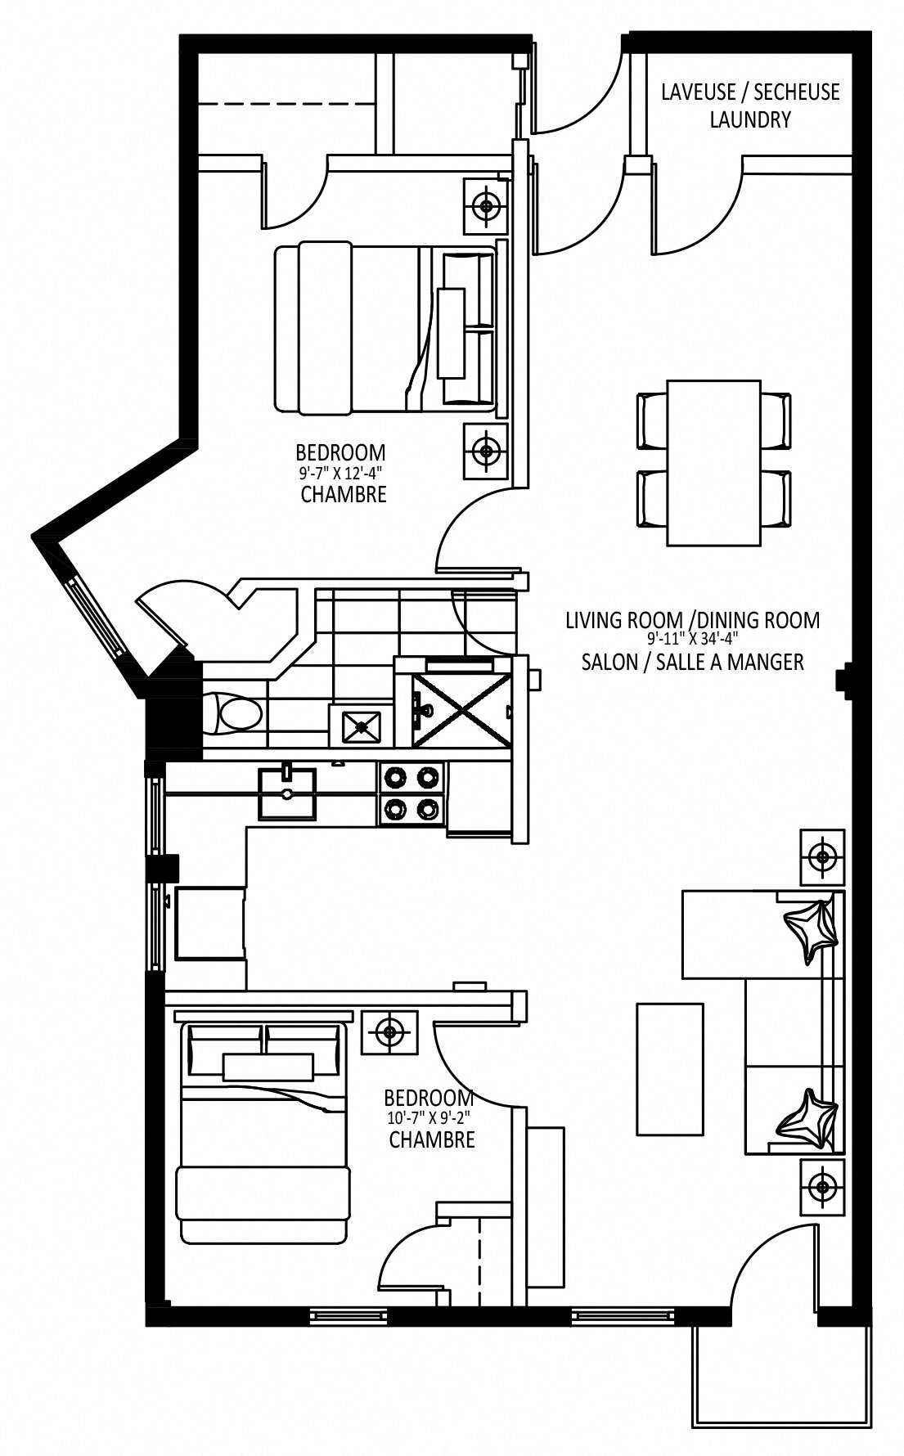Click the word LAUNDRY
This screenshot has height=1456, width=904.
tap(750, 119)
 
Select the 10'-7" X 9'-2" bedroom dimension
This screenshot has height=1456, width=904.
tap(430, 1117)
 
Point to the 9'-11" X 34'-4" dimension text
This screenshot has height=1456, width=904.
tap(692, 641)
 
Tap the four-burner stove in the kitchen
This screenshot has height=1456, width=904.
tap(412, 793)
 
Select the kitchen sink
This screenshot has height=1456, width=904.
tap(287, 793)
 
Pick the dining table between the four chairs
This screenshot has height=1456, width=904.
tap(714, 462)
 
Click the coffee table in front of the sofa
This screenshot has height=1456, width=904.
tap(670, 1068)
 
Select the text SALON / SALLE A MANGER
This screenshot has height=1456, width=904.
tap(692, 662)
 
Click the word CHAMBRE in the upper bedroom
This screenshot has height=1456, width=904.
tap(344, 495)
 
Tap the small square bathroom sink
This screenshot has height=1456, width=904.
tap(360, 726)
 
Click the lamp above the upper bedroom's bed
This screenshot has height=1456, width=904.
tap(488, 205)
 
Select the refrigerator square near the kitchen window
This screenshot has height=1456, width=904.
tap(209, 922)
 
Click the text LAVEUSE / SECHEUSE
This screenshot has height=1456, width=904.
tap(750, 92)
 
